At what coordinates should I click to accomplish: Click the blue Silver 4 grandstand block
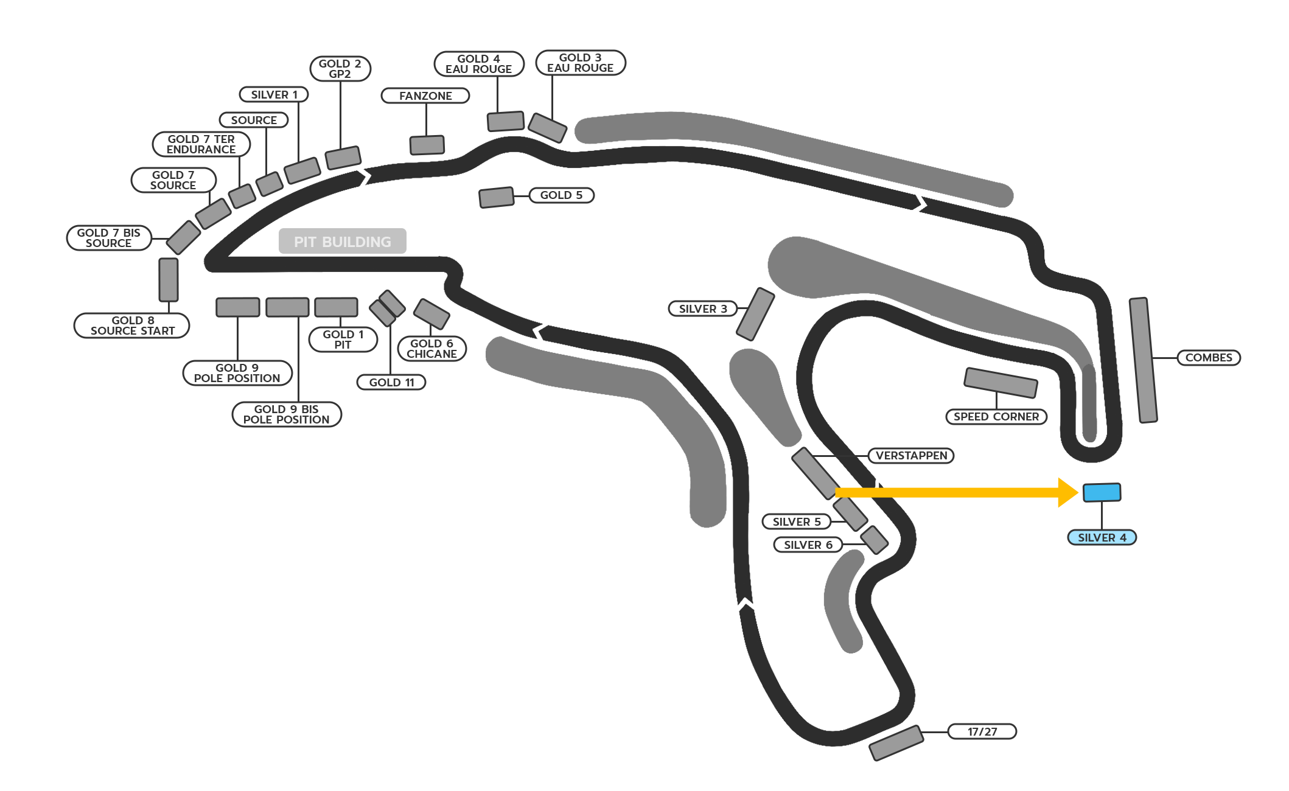coord(1102,492)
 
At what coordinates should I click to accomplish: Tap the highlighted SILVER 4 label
coord(1102,538)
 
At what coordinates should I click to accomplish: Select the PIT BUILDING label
coord(343,241)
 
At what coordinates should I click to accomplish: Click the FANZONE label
coord(425,96)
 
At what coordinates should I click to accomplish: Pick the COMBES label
coord(1209,358)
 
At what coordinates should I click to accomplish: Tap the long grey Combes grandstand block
coord(1143,360)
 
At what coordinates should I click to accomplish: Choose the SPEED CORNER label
coord(996,417)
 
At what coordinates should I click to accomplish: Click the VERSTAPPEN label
coord(911,456)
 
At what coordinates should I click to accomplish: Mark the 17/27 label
coord(982,731)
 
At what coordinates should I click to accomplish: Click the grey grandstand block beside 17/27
coord(896,743)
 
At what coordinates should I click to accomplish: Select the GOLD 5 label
coord(561,195)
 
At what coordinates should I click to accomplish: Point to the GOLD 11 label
coord(391,383)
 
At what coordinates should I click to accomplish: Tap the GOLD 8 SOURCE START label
coord(132,326)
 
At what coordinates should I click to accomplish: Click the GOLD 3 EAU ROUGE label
coord(581,63)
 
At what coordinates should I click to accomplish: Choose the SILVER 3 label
coord(703,309)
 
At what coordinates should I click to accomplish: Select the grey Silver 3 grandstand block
coord(755,314)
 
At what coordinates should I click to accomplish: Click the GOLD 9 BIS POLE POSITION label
coord(287,414)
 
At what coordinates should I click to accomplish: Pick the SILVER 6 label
coord(808,545)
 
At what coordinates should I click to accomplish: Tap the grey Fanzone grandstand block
coord(427,145)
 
